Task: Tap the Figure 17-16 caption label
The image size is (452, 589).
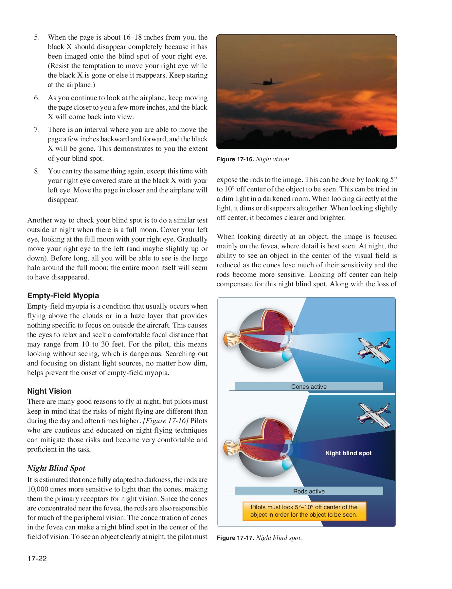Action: (x=235, y=159)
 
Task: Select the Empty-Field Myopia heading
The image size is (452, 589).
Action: (x=63, y=295)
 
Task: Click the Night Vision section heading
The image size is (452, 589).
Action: (x=49, y=391)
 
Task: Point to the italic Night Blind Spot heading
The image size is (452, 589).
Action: (x=56, y=468)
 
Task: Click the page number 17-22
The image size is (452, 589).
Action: (x=37, y=559)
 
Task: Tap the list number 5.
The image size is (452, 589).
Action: (x=37, y=37)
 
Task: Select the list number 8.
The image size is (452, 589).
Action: (x=37, y=171)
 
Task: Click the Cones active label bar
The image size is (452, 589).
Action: (x=309, y=386)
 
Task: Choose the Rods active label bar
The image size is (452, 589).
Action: (x=309, y=491)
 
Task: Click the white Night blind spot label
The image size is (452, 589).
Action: (x=348, y=453)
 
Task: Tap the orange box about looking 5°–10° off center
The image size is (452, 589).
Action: (x=304, y=511)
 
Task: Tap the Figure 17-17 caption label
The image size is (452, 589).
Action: (x=235, y=538)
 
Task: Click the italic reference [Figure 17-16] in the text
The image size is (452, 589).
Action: (x=166, y=421)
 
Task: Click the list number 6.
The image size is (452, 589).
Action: (x=37, y=98)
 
